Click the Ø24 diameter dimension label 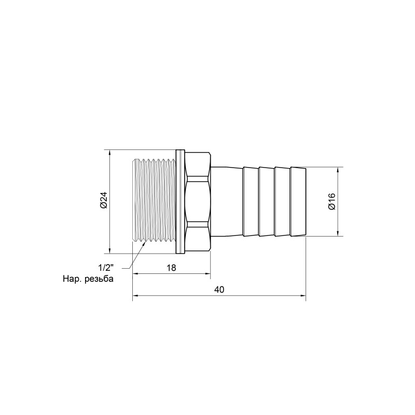click(x=103, y=201)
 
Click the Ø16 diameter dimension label click(x=332, y=201)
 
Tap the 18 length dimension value click(x=172, y=268)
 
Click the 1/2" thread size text click(x=105, y=268)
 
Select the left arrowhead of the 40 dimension click(x=136, y=297)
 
